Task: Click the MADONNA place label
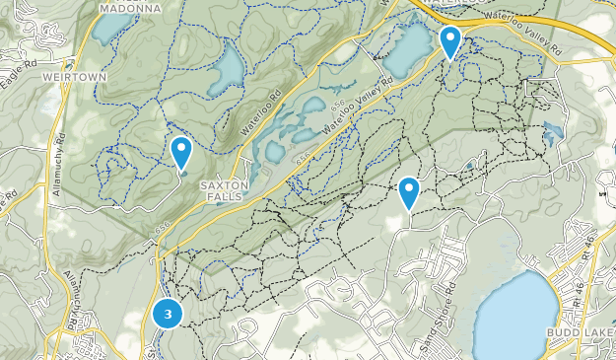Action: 129,8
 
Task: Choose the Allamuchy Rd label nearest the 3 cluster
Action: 68,280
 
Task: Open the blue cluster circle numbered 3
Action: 169,315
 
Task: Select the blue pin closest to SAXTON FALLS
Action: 181,154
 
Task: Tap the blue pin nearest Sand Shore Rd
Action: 409,192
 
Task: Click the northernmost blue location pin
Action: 450,42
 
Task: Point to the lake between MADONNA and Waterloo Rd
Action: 228,70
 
